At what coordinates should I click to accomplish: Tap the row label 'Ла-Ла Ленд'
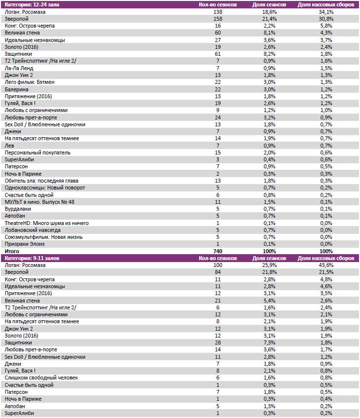click(x=18, y=68)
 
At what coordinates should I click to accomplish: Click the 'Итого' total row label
click(x=12, y=251)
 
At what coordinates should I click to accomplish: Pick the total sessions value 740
click(x=217, y=251)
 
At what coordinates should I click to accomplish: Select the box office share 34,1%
click(x=326, y=11)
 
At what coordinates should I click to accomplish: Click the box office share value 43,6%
click(x=326, y=265)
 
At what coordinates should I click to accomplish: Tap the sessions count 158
click(x=217, y=18)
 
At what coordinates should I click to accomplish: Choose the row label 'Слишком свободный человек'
click(x=41, y=378)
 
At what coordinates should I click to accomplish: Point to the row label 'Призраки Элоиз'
click(x=25, y=244)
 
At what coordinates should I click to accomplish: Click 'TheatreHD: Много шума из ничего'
click(x=46, y=223)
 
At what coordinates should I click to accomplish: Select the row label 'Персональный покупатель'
click(x=37, y=152)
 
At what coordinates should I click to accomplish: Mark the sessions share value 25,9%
click(x=269, y=265)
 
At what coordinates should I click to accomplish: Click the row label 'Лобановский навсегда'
click(x=34, y=230)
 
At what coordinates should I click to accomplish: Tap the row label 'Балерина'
click(x=17, y=89)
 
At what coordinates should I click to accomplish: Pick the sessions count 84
click(x=217, y=272)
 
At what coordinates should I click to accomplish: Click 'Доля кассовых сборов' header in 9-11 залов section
click(x=326, y=258)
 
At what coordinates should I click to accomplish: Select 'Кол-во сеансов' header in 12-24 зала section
click(x=217, y=4)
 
